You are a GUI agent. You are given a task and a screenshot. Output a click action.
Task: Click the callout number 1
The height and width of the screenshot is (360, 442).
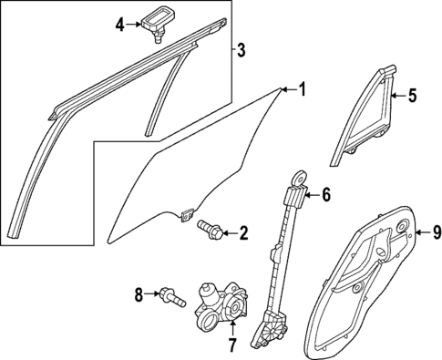(303, 89)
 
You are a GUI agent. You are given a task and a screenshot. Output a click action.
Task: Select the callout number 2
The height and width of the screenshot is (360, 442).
(243, 234)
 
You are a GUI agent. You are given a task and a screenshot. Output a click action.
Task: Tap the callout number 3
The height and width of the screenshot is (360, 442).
(241, 49)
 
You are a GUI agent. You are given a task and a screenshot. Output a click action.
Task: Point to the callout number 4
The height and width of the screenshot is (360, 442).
(118, 25)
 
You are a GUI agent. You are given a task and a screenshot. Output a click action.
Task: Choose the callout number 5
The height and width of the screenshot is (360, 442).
(412, 94)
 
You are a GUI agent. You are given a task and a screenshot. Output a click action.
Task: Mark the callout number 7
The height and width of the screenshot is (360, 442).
(231, 345)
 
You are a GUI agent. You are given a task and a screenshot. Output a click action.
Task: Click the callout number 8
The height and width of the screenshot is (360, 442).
(139, 293)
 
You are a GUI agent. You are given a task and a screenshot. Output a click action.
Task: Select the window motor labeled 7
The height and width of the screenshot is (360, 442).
(219, 310)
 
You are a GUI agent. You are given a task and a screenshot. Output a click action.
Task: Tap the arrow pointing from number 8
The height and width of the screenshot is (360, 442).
(152, 293)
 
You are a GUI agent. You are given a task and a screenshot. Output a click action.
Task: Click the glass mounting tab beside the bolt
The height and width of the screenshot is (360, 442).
(188, 216)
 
